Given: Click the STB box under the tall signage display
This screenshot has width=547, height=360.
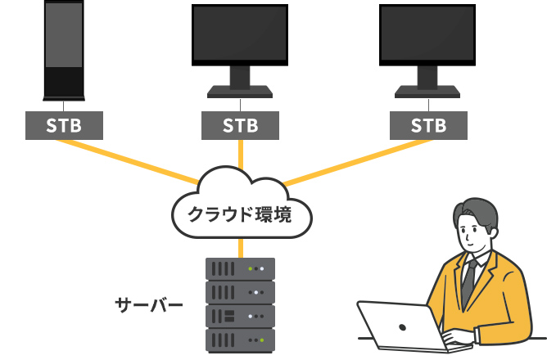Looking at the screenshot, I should (64, 125).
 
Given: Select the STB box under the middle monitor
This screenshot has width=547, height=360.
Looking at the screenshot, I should (240, 125).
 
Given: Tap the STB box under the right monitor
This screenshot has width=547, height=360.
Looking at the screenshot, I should (428, 125).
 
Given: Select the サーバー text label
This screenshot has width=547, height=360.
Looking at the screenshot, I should (148, 306).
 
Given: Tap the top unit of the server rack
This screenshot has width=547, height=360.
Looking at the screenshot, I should (240, 268).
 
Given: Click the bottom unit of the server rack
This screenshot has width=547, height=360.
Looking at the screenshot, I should (240, 339).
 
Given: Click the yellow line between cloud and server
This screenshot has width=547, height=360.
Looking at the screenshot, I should (240, 246).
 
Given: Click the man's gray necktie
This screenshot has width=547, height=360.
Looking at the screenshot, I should (468, 282).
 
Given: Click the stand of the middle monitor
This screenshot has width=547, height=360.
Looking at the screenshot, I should (240, 83).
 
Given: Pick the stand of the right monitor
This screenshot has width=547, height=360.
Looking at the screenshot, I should (428, 83).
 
